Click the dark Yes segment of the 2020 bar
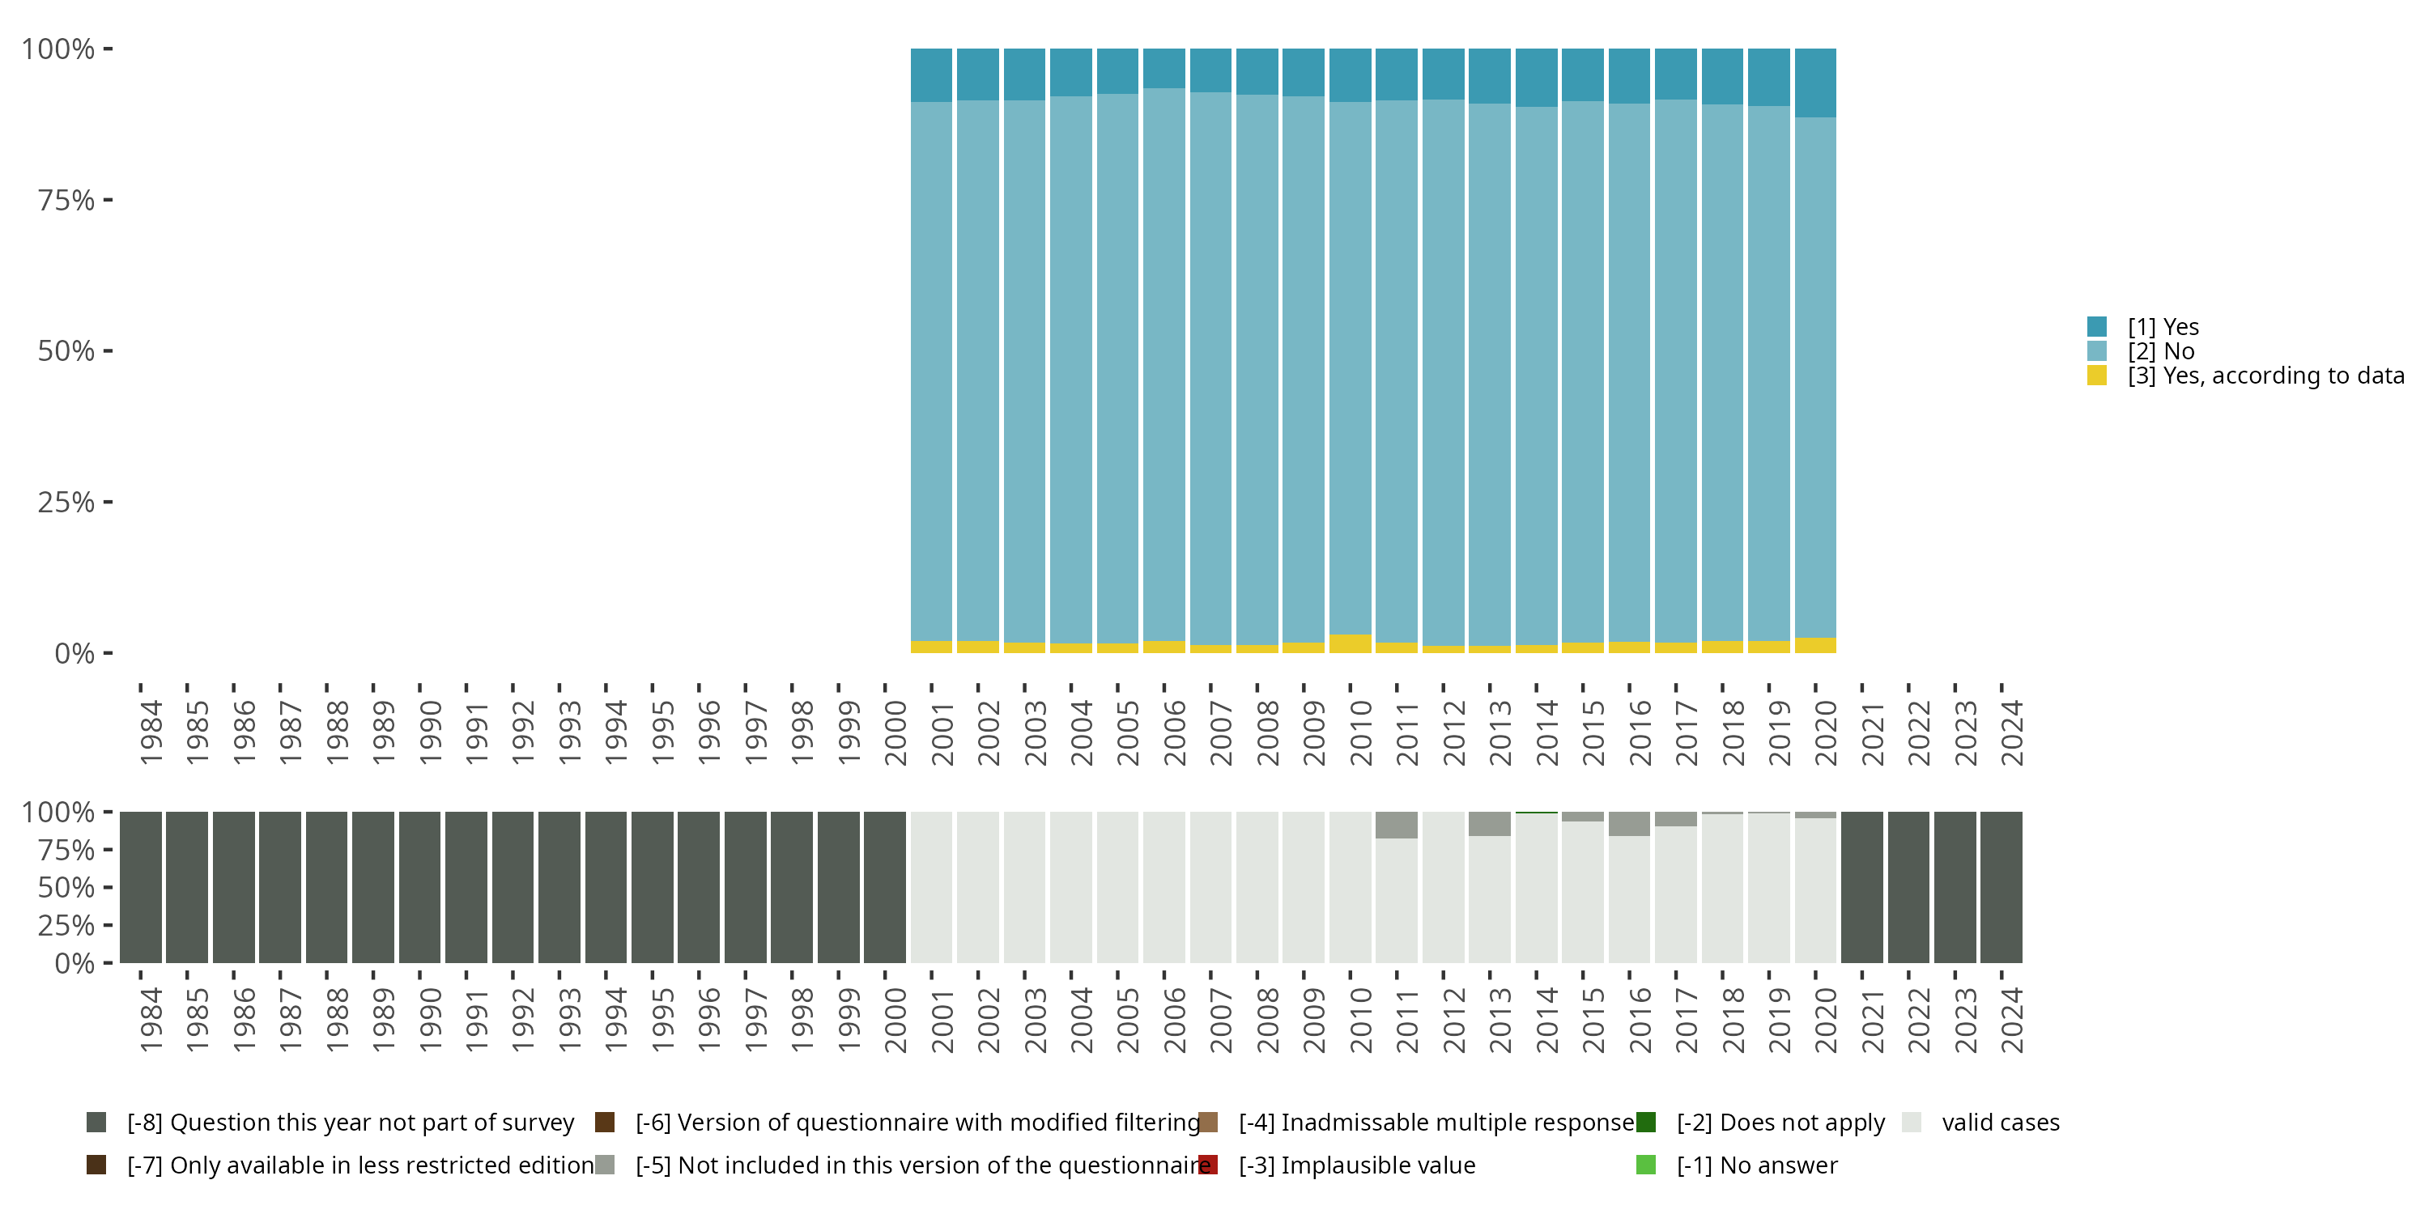point(1815,83)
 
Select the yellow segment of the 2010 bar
point(1351,643)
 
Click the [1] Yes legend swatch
point(2096,327)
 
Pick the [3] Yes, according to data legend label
point(2265,376)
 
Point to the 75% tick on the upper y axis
point(66,200)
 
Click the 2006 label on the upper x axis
point(1175,732)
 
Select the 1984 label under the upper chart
point(151,732)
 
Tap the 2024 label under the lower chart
point(2012,1020)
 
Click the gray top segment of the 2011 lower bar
point(1397,825)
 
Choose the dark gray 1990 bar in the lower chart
point(419,887)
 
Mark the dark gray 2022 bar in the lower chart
point(1908,887)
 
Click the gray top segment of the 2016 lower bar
point(1629,824)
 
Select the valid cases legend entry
point(2000,1123)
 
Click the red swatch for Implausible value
point(1208,1165)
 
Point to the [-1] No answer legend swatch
point(1645,1165)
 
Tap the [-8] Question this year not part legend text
point(350,1123)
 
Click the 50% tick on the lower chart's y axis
point(66,887)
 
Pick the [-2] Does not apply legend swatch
point(1645,1123)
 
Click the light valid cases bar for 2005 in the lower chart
point(1117,887)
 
